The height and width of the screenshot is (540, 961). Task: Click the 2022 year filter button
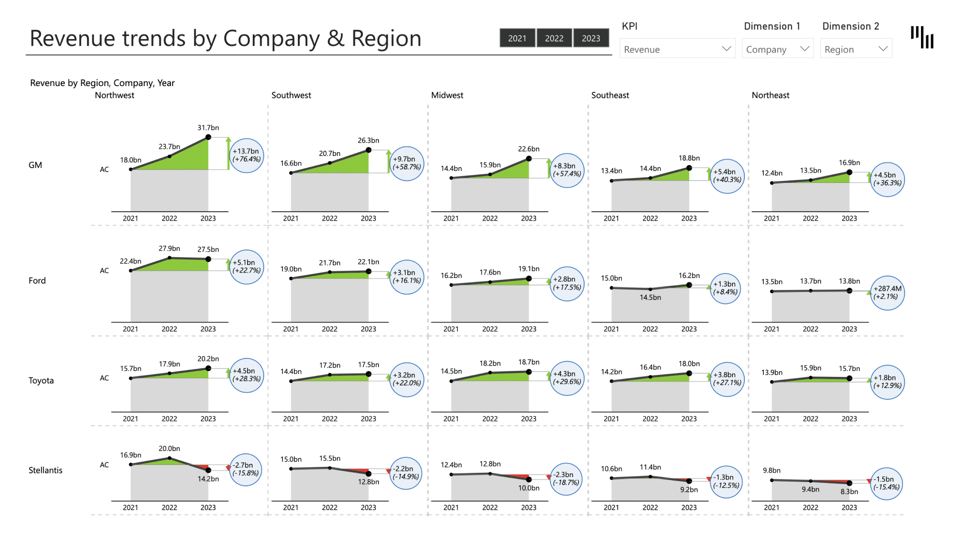[554, 38]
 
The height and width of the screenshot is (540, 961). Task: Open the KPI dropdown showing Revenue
[677, 49]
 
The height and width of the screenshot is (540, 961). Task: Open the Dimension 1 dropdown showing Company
[777, 49]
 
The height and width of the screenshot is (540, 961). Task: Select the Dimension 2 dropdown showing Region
[855, 49]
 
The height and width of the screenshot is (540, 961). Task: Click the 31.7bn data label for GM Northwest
[208, 128]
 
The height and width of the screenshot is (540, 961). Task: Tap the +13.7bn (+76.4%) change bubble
[246, 155]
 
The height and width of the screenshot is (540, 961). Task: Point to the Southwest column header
[291, 95]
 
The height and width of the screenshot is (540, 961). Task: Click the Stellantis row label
[46, 470]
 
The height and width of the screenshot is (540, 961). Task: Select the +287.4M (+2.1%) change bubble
[887, 292]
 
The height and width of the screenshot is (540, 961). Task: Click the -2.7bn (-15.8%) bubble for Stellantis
[245, 469]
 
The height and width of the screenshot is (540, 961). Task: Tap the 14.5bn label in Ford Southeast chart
[650, 297]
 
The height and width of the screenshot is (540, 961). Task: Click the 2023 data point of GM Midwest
[529, 159]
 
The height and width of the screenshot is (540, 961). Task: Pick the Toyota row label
[41, 380]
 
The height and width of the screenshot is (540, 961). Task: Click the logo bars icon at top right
[922, 37]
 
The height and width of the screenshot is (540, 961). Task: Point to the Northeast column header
[770, 95]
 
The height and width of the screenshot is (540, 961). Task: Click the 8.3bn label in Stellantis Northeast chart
[849, 491]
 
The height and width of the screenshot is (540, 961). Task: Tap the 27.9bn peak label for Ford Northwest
[169, 248]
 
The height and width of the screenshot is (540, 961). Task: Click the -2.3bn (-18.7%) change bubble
[566, 478]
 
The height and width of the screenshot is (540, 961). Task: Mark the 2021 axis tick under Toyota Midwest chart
[451, 419]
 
